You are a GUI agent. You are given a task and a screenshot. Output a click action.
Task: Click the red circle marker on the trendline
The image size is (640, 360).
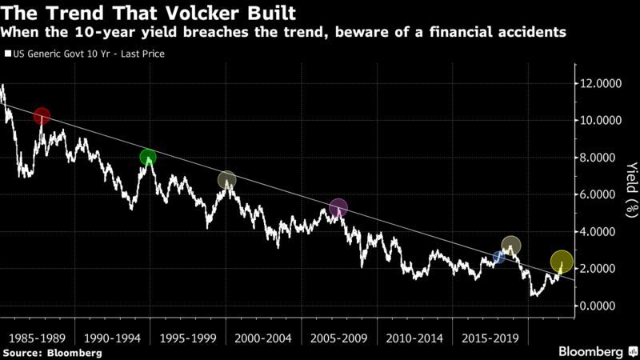coord(42,117)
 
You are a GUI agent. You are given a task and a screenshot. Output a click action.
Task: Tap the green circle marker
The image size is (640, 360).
coord(147,158)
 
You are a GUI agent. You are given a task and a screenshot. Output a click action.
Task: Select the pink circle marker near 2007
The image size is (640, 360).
coord(338,208)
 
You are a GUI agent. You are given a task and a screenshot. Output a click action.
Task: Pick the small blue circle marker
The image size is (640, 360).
coord(499,257)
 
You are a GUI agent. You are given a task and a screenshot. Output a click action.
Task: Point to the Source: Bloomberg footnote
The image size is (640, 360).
coord(52,352)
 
